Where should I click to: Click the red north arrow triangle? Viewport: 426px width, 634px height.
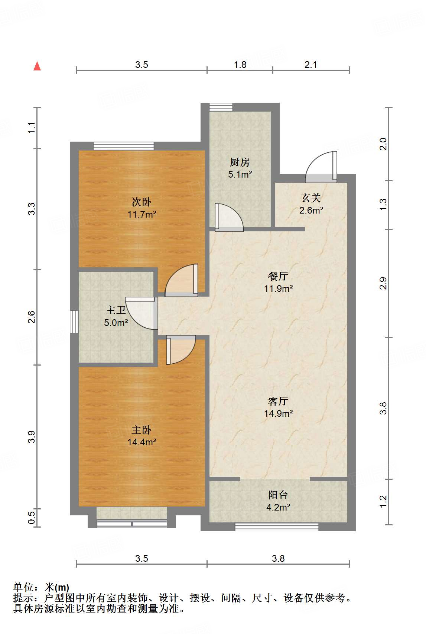click(37, 66)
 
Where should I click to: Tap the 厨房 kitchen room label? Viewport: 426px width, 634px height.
click(240, 162)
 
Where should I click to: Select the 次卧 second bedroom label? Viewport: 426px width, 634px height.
click(142, 202)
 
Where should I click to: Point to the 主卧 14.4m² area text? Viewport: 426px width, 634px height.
click(142, 442)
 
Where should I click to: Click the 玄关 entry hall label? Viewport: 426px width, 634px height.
click(311, 198)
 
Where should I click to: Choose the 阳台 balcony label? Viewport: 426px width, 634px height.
click(278, 495)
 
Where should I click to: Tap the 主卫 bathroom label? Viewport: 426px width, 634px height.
click(116, 310)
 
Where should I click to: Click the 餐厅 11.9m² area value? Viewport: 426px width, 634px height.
click(278, 288)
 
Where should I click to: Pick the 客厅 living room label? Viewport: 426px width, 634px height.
click(278, 401)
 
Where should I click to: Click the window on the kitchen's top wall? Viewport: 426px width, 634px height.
click(221, 107)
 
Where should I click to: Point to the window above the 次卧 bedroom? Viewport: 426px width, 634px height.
click(124, 146)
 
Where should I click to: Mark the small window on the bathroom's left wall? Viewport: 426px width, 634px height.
click(74, 322)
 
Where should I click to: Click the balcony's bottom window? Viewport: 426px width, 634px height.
click(277, 527)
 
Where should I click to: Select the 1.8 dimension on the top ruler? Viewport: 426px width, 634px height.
click(240, 65)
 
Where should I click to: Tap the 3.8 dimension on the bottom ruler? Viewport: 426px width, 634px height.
click(278, 558)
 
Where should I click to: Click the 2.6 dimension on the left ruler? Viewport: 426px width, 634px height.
click(31, 317)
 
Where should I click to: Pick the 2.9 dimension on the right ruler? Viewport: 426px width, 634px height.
click(383, 283)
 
